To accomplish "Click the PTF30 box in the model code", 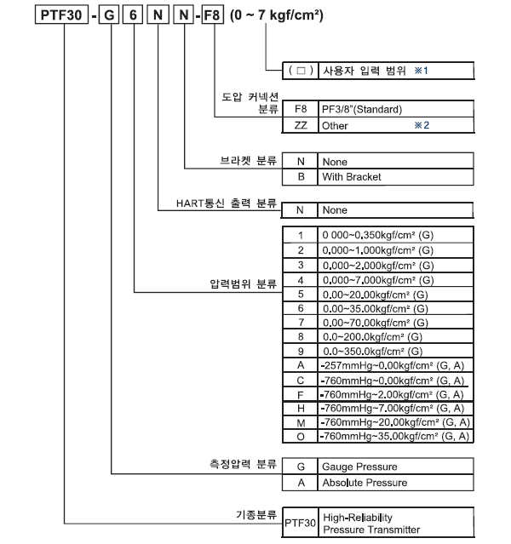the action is coord(61,15).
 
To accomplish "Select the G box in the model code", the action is coord(109,15).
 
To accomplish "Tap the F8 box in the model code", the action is coord(212,15).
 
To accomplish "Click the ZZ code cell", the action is coord(301,125).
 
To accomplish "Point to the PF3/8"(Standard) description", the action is coord(362,109).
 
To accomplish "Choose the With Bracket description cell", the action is coord(396,177).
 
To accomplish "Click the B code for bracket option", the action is coord(301,177).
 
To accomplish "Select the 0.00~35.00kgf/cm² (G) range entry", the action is coord(376,308).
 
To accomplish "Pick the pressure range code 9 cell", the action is coord(301,351).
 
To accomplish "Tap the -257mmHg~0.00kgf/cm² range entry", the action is coord(393,365).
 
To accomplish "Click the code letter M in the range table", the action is coord(301,423).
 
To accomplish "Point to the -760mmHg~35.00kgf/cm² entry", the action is coord(394,436).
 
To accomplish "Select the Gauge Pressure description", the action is coord(359,467).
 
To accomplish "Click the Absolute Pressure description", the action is coord(365,483).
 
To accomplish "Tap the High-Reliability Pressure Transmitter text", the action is coord(371,524).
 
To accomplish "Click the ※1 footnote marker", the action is coord(421,71).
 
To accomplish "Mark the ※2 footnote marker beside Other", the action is coord(422,125).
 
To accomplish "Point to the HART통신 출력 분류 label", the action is coord(227,203).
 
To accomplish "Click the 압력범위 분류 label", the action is coord(244,284).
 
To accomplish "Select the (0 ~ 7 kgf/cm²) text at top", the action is coord(277,15).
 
